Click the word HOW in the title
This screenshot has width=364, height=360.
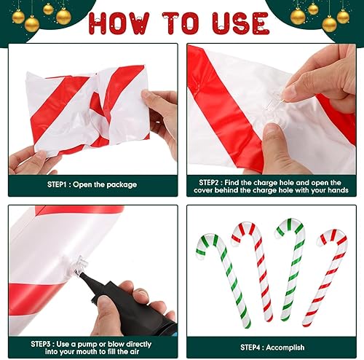pyautogui.click(x=119, y=23)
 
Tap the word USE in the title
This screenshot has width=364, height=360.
pyautogui.click(x=241, y=23)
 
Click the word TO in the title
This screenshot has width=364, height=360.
pyautogui.click(x=181, y=23)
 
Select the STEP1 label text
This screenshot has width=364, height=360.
pyautogui.click(x=57, y=184)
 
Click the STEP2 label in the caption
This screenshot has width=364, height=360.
pyautogui.click(x=209, y=183)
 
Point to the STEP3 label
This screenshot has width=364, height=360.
pyautogui.click(x=41, y=344)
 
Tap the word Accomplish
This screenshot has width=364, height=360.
pyautogui.click(x=285, y=348)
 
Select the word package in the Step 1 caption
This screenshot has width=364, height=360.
pyautogui.click(x=122, y=185)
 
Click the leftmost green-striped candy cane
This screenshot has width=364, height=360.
pyautogui.click(x=223, y=279)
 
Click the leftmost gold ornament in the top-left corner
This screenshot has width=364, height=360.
pyautogui.click(x=18, y=17)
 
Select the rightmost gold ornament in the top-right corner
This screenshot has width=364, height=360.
pyautogui.click(x=343, y=17)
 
